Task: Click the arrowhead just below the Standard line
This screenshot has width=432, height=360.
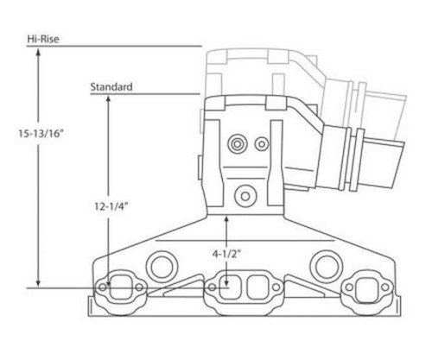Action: tap(107, 99)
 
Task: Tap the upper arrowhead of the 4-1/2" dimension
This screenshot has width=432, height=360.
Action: tap(226, 220)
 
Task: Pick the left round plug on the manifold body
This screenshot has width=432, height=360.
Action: tap(162, 262)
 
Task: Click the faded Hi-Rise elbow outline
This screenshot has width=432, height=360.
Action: tap(259, 65)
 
